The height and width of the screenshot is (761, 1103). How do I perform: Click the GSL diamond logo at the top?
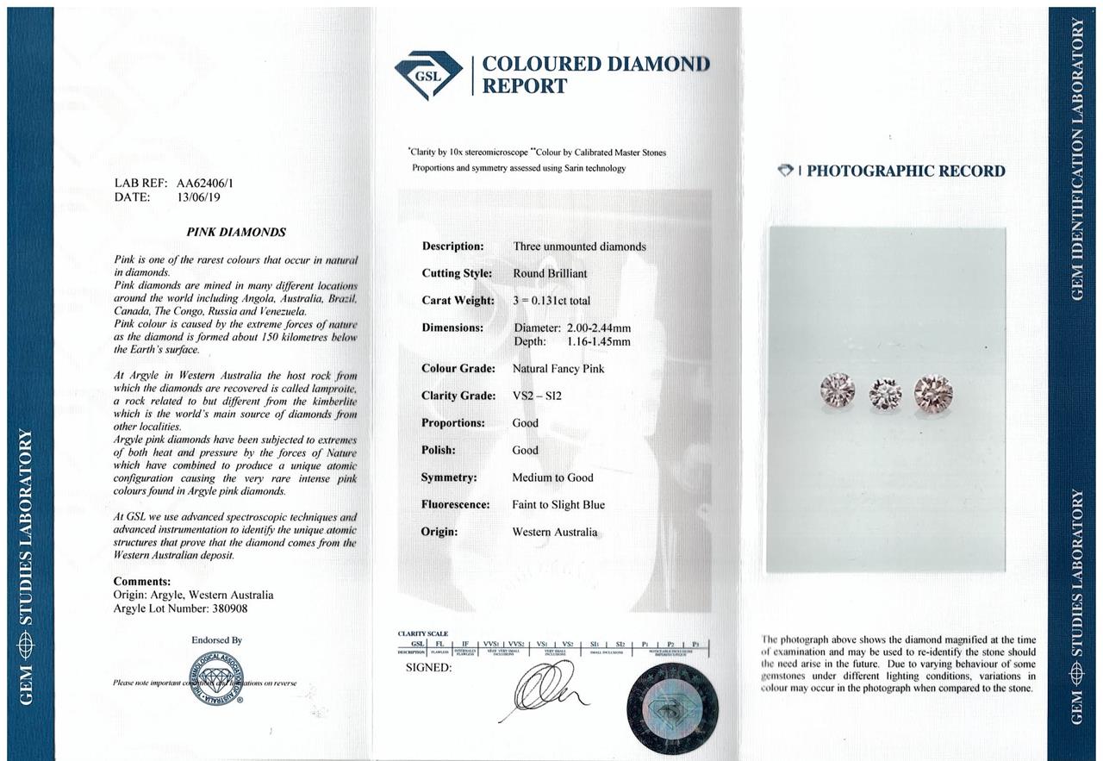(428, 75)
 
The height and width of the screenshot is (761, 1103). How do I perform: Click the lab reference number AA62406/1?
(205, 183)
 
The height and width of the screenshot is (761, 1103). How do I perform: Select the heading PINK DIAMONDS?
(236, 232)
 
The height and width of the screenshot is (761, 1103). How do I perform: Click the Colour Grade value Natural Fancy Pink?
(558, 369)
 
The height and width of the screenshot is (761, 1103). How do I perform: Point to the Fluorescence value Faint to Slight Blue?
(558, 505)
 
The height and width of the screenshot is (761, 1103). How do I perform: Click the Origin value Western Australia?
(554, 532)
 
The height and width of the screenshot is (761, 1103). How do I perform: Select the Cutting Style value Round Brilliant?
(550, 273)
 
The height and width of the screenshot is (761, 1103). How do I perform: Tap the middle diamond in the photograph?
(885, 394)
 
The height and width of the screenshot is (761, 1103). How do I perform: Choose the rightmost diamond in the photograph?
(933, 392)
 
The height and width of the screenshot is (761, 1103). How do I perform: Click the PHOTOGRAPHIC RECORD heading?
(905, 171)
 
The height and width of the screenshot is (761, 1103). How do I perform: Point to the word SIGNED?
(428, 668)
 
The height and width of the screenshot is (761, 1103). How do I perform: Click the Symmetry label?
(449, 477)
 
